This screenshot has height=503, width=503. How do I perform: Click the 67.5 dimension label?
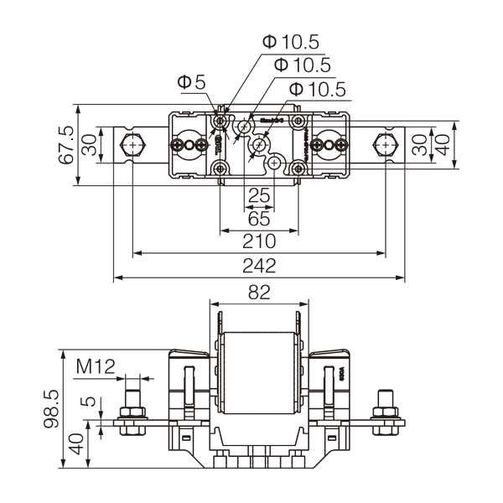point(67,145)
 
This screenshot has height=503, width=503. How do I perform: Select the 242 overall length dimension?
point(259,266)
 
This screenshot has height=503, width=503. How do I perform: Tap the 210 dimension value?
point(259,241)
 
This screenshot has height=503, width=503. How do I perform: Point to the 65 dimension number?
point(259,220)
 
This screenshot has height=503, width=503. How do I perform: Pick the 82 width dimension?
point(258,293)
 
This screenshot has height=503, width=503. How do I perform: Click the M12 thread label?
point(96,366)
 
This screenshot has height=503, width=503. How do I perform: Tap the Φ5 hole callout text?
point(192,82)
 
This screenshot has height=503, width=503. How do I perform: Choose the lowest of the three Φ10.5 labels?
point(317,89)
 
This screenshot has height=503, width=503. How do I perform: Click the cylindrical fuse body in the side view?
point(258,374)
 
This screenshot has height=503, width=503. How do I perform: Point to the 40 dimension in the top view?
point(443,145)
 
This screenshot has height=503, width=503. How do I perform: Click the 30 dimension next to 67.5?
point(88,145)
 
